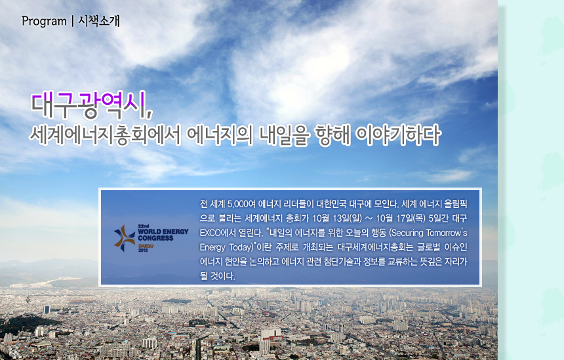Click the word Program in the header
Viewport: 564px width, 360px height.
[x=44, y=22]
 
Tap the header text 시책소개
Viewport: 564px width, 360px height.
[x=99, y=21]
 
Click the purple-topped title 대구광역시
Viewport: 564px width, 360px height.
[x=92, y=106]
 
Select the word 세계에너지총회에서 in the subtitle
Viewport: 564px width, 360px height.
[x=105, y=135]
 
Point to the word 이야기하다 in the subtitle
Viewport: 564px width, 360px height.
[x=398, y=135]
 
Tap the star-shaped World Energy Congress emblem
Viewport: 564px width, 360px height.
[x=125, y=238]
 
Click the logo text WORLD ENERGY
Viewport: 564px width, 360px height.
[x=163, y=232]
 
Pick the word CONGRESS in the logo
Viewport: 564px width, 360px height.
[x=155, y=238]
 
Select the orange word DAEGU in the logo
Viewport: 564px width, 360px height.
[x=146, y=246]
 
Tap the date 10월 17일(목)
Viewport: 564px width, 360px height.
[x=401, y=218]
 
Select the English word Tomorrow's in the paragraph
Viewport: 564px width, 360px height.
[x=447, y=233]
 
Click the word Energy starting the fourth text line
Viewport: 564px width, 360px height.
[x=212, y=247]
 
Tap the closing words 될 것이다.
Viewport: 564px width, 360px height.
[x=218, y=276]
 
